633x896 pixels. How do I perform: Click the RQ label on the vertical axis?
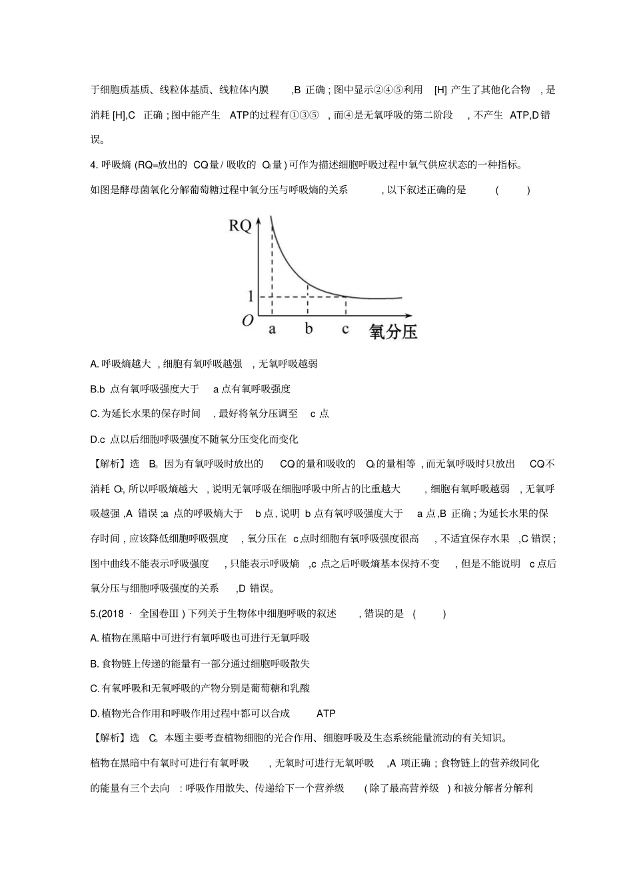(240, 226)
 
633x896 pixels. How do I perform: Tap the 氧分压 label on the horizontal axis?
(393, 331)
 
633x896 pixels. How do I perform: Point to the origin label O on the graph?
(247, 321)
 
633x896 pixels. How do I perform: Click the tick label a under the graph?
(272, 329)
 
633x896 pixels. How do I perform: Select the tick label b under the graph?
(309, 328)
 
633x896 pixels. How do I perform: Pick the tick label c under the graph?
(345, 329)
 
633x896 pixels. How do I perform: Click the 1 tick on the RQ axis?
(250, 296)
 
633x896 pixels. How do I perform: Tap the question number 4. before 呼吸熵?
(94, 165)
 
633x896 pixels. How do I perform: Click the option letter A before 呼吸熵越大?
(94, 364)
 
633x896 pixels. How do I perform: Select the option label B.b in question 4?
(97, 389)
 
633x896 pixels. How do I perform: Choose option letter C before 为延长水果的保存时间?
(94, 414)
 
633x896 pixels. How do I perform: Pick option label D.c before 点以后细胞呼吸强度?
(97, 439)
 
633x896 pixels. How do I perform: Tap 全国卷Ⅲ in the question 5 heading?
(163, 614)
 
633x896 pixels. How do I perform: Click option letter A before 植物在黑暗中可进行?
(94, 638)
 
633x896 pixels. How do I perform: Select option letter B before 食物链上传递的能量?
(94, 664)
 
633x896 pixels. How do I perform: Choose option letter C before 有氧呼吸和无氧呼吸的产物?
(94, 688)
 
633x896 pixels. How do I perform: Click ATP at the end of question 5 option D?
(326, 713)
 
